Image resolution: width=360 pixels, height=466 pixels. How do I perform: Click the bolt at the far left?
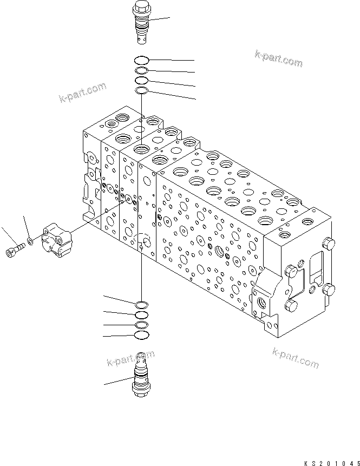(15, 251)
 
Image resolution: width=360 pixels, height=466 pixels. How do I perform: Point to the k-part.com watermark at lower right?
(296, 358)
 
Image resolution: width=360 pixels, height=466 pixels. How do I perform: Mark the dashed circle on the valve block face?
(143, 240)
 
